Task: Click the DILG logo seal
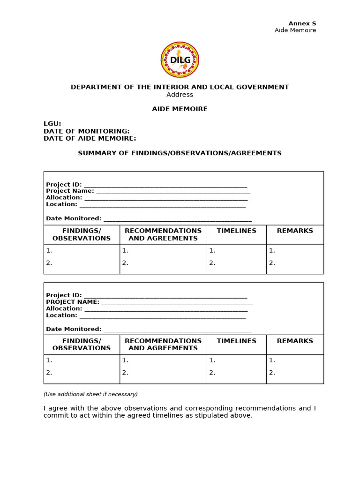[180, 60]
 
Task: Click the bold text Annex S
[302, 23]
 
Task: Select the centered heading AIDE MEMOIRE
[180, 109]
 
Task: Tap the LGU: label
[52, 124]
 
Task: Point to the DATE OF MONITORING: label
[87, 131]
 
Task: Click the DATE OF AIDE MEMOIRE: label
[90, 138]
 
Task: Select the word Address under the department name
[180, 95]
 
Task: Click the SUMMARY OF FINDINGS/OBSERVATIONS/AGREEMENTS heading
[180, 153]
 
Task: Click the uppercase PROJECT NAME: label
[73, 302]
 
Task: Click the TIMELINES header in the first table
[236, 231]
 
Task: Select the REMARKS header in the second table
[295, 341]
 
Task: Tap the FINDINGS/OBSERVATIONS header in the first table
[82, 234]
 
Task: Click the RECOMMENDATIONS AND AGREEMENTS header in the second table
[163, 345]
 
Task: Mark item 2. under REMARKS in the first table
[272, 263]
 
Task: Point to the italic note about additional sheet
[90, 394]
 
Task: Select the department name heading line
[180, 87]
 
